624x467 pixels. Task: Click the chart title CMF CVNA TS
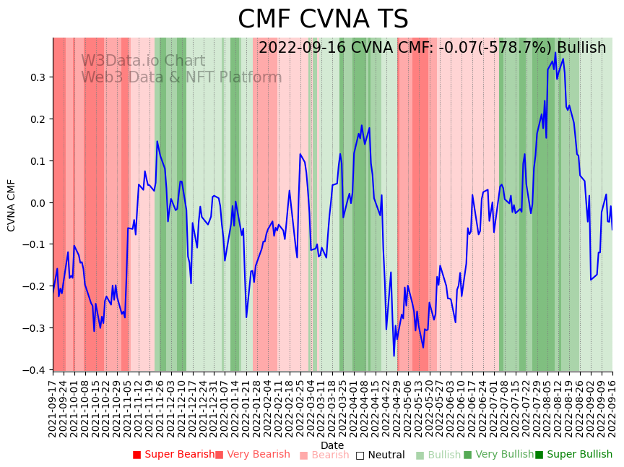(x=323, y=20)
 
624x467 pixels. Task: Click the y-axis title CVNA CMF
(x=12, y=205)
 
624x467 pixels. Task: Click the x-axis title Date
(x=332, y=445)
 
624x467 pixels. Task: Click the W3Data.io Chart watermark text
(x=143, y=61)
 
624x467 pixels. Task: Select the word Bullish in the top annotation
(x=581, y=48)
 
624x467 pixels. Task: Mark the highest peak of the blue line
(x=555, y=53)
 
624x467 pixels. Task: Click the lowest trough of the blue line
(x=394, y=356)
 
